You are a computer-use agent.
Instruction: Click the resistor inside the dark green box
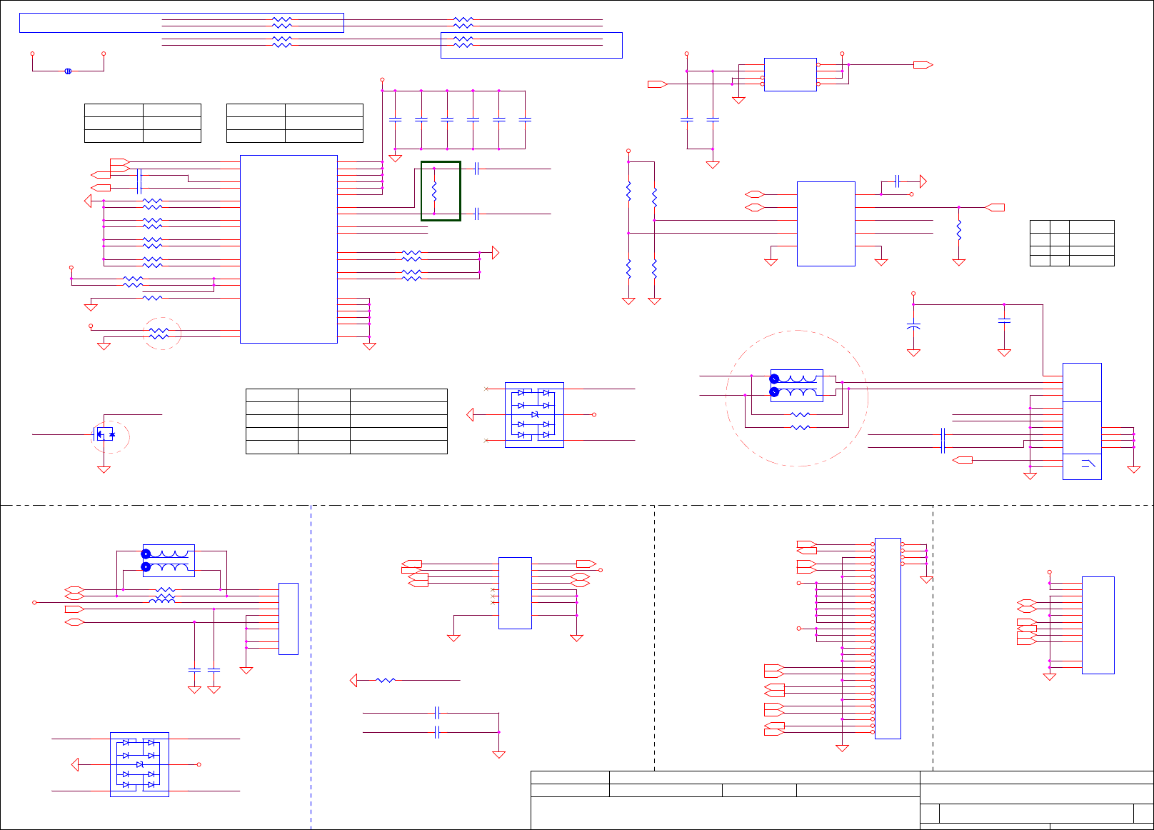point(434,191)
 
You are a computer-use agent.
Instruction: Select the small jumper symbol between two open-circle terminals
point(68,71)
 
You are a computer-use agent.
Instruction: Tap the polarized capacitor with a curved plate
point(913,326)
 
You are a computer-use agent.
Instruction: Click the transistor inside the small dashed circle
point(105,434)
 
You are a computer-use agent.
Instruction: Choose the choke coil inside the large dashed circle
point(797,386)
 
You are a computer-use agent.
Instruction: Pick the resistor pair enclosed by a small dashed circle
point(159,334)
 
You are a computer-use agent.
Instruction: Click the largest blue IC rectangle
point(288,249)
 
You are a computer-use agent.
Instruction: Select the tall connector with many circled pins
point(888,638)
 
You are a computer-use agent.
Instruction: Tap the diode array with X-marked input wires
point(534,415)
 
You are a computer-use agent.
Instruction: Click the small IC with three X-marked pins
point(515,593)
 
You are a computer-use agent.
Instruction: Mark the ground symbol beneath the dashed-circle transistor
point(104,469)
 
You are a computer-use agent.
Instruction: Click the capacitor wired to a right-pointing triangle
point(897,181)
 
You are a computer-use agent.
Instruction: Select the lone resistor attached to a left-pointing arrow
point(386,681)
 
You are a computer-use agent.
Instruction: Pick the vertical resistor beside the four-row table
point(959,230)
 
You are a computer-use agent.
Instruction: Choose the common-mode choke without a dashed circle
point(169,561)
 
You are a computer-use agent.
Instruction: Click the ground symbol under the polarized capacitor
point(913,352)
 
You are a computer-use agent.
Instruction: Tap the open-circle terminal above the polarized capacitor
point(913,294)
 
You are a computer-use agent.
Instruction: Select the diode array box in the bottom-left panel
point(139,764)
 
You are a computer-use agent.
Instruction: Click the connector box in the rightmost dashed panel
point(1098,625)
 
